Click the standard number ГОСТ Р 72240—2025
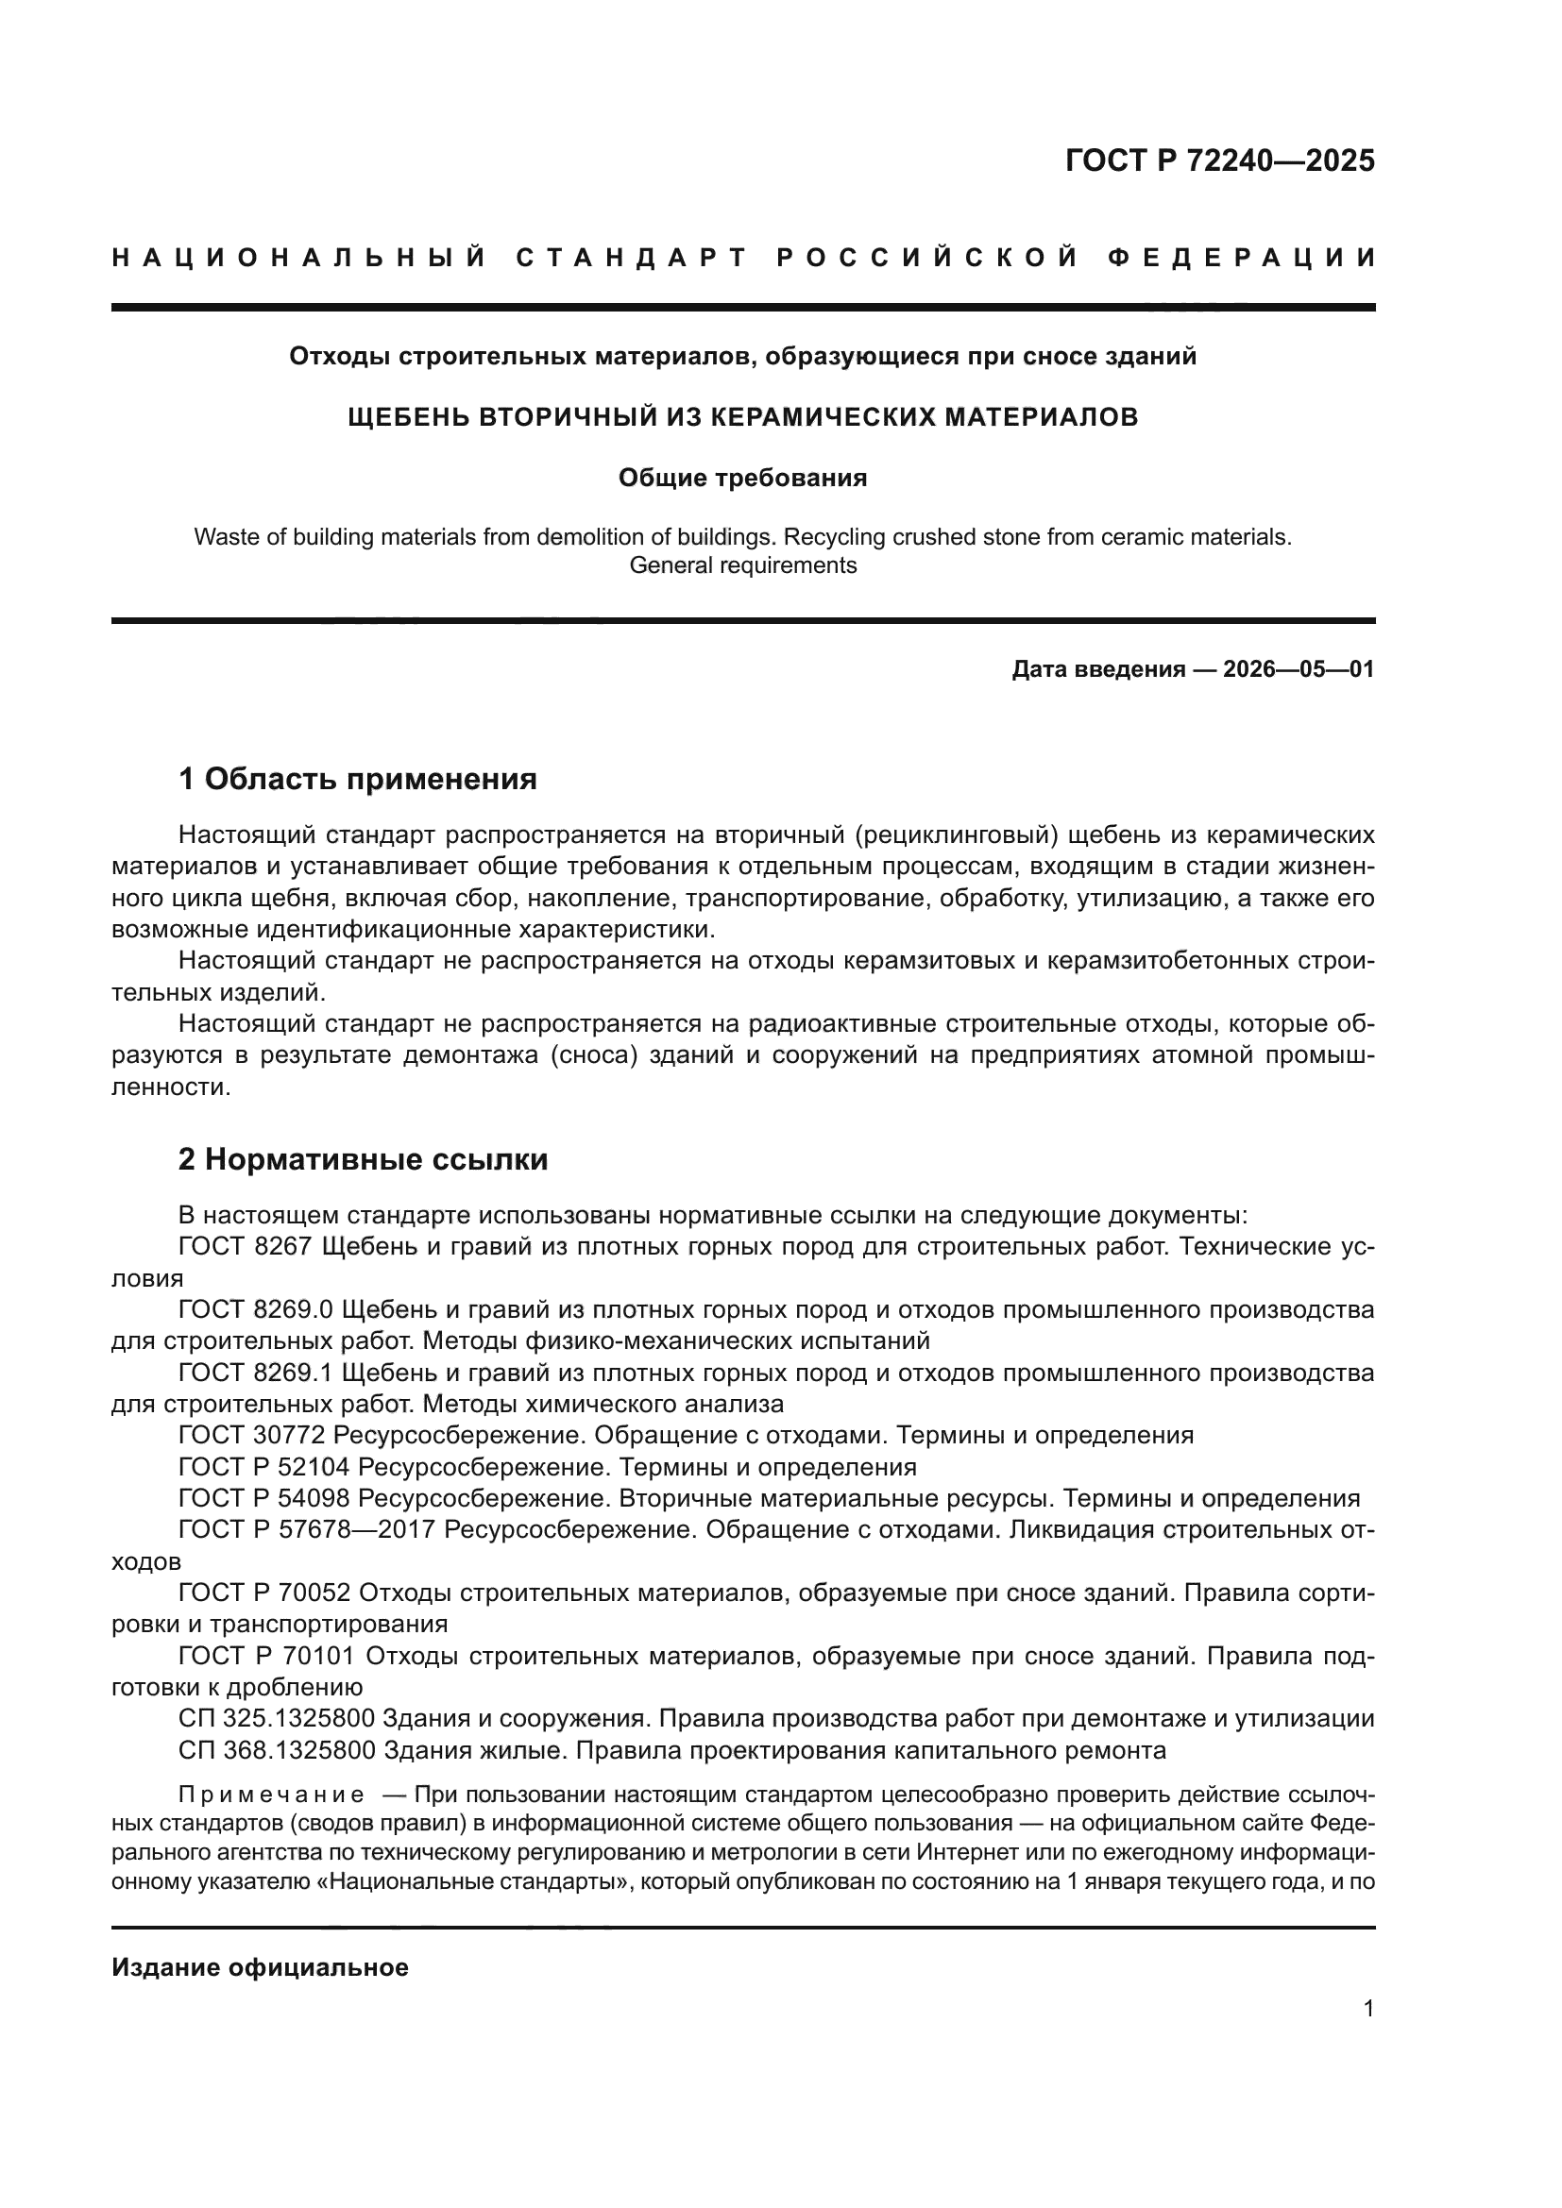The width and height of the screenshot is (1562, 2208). (1219, 160)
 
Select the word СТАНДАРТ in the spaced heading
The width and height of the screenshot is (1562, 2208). (631, 258)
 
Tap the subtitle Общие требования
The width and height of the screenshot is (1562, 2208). (742, 478)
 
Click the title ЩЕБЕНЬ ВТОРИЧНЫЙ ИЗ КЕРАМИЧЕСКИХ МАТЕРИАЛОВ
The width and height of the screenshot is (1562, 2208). (742, 417)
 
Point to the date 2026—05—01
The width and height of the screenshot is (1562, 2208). (1299, 669)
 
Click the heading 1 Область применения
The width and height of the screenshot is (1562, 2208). (358, 779)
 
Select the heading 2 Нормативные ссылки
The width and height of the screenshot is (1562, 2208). (364, 1160)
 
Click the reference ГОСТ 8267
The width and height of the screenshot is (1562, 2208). (246, 1247)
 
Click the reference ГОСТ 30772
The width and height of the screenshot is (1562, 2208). (252, 1436)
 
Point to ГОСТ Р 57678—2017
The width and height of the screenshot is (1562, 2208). (308, 1530)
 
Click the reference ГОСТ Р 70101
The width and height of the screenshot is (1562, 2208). (265, 1656)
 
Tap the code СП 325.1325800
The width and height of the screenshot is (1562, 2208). (276, 1718)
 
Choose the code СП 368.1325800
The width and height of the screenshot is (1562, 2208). (276, 1750)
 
